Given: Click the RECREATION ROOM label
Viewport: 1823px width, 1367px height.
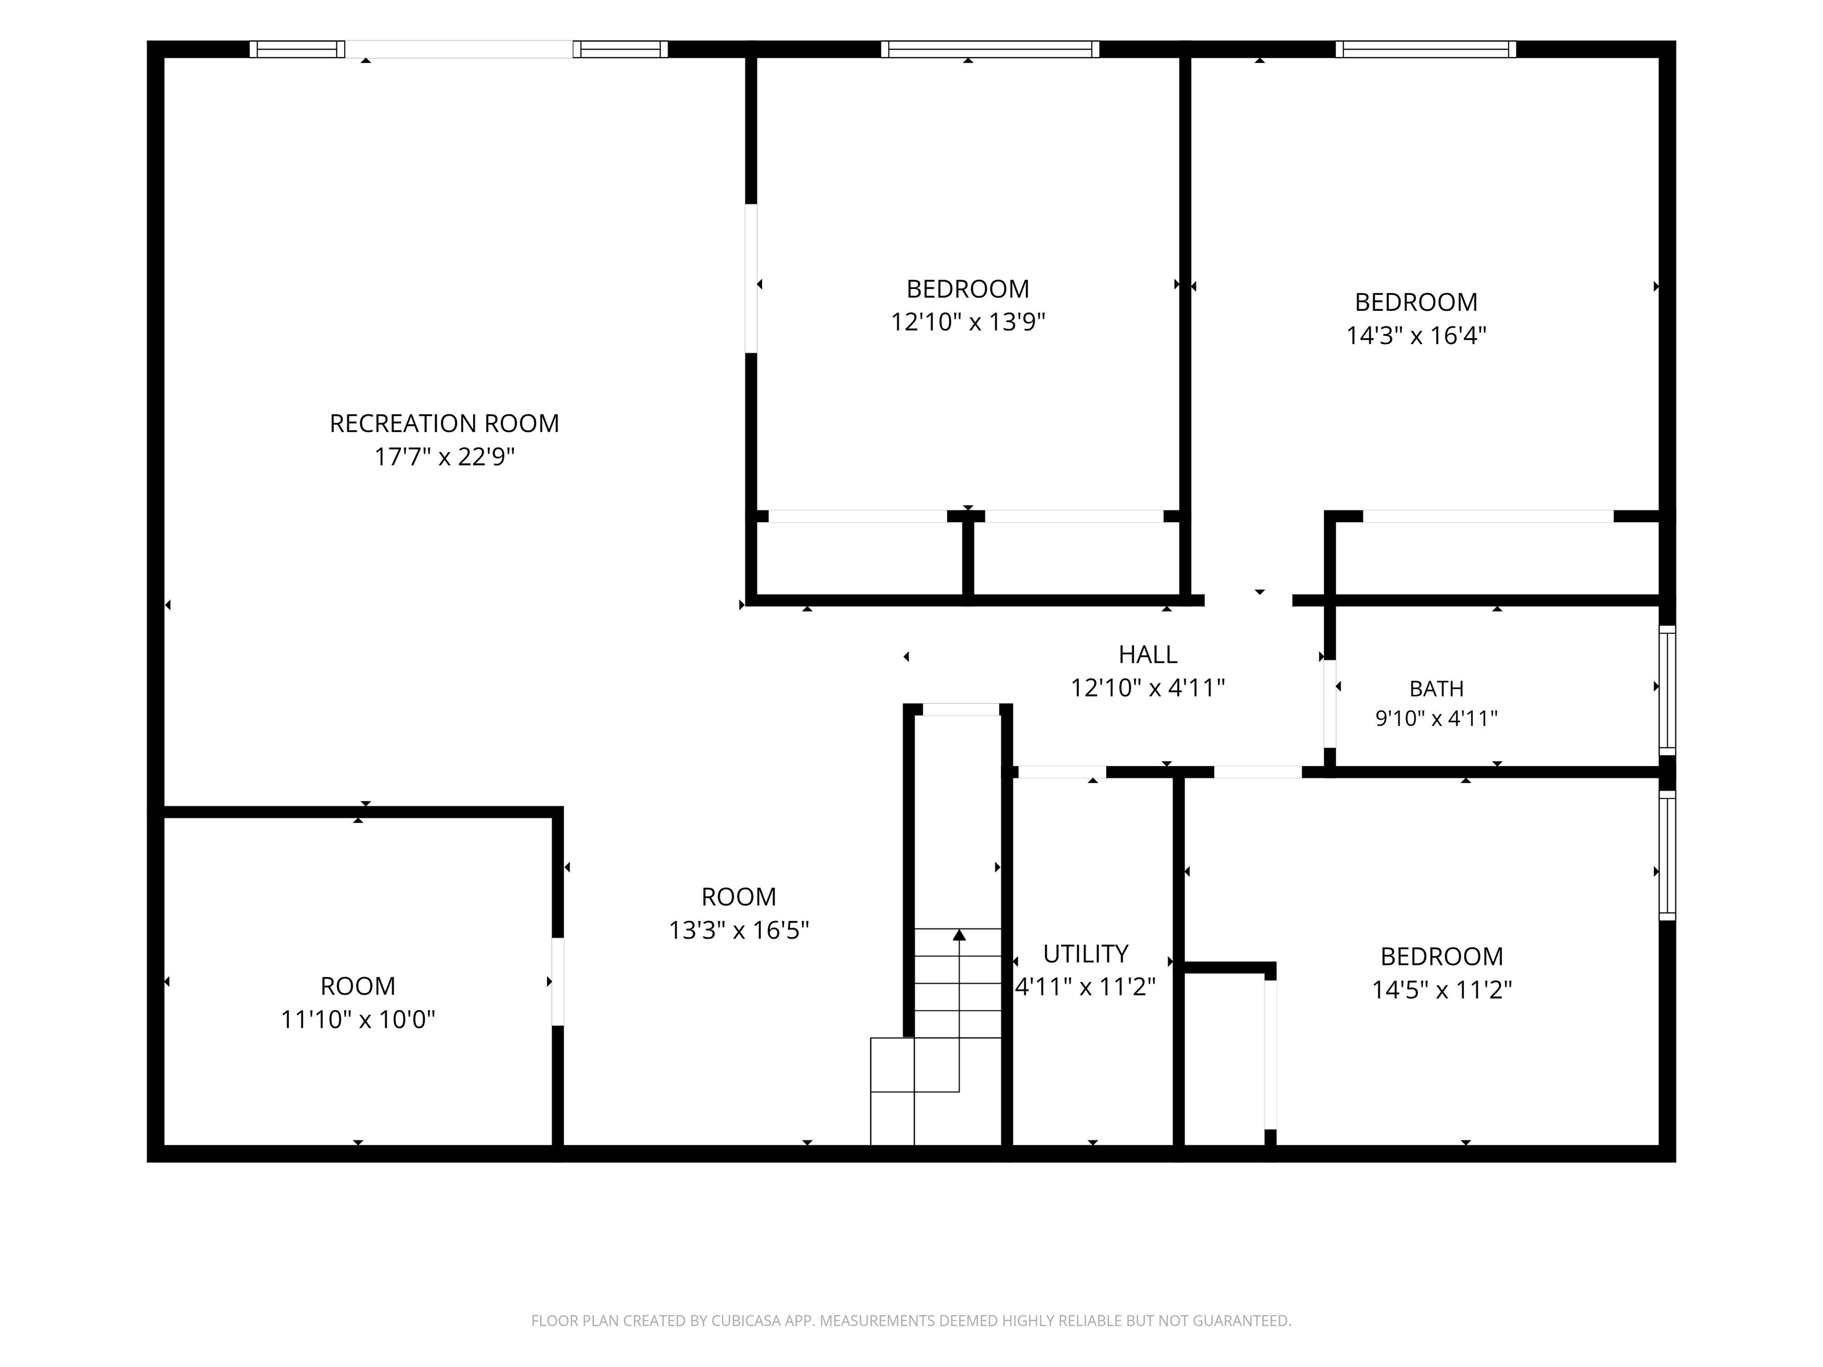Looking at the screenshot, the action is click(444, 424).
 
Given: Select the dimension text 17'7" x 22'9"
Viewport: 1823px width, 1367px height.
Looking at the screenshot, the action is click(444, 456).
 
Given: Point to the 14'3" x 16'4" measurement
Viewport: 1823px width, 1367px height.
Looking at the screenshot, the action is click(1416, 335).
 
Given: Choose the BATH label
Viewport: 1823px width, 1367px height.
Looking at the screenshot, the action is click(1437, 688).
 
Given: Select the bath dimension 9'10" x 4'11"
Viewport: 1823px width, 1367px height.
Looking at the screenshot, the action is click(1437, 719).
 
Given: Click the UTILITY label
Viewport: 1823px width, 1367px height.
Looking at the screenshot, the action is click(1085, 953).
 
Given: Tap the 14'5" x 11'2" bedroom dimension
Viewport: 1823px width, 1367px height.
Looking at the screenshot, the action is click(1441, 990).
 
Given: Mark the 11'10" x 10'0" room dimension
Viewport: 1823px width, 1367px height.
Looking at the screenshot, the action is click(358, 1019).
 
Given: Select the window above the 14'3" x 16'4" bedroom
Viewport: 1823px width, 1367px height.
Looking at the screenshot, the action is click(1426, 49).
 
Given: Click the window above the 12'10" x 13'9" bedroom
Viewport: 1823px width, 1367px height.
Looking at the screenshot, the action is click(990, 49).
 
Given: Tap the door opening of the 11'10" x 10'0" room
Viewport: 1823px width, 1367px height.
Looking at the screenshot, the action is click(558, 981).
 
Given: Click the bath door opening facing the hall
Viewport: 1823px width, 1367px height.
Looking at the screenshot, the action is click(1329, 704).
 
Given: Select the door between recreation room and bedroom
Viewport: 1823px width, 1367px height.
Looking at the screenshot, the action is click(751, 278).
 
